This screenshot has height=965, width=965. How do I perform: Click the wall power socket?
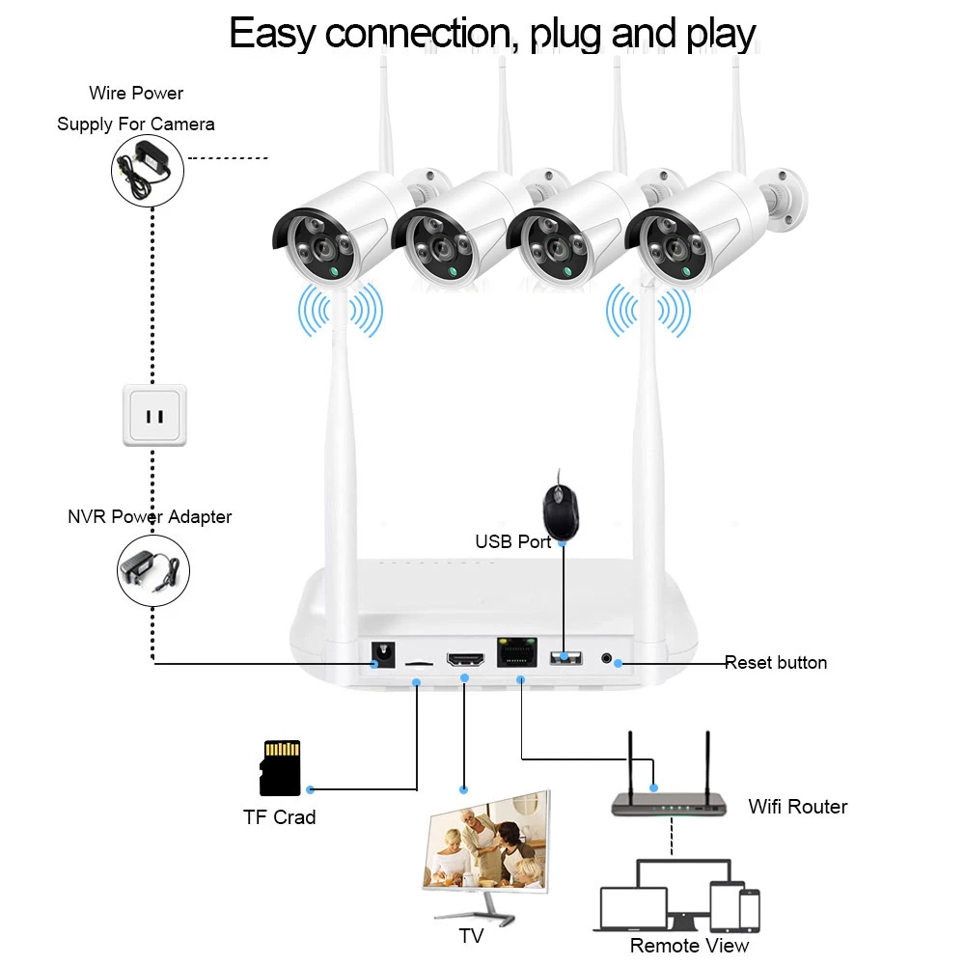[x=154, y=415]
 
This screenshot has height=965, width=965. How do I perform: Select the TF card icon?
[x=280, y=768]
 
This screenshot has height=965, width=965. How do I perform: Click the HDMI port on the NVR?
[x=465, y=659]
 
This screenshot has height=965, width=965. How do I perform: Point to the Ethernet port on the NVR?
[x=517, y=652]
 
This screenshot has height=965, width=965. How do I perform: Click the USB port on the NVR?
[x=565, y=658]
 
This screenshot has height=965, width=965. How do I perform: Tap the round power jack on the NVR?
[x=383, y=655]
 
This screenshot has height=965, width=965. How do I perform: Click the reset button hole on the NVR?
[x=606, y=658]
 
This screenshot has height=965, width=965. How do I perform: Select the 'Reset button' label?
[x=776, y=662]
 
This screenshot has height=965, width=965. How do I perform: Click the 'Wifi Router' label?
[x=798, y=806]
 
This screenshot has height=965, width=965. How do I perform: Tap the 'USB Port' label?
[x=513, y=541]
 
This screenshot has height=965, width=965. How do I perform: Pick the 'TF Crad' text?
[x=280, y=817]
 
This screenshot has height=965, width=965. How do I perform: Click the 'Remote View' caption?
[x=689, y=946]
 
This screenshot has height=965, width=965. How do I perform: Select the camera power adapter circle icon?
[x=148, y=171]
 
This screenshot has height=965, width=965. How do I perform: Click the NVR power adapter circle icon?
[x=153, y=570]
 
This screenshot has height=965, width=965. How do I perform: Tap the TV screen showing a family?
[x=487, y=841]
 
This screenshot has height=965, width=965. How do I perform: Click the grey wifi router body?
[x=669, y=805]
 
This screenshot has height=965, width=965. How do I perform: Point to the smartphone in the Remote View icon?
[x=750, y=911]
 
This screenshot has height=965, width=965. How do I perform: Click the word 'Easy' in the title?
[x=272, y=35]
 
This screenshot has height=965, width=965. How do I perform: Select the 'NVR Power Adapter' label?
[x=150, y=517]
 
